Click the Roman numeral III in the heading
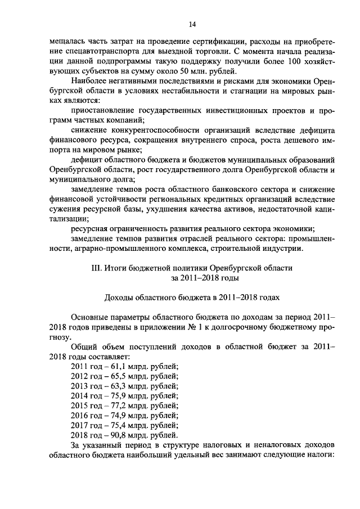(96, 268)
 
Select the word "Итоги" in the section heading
(116, 268)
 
